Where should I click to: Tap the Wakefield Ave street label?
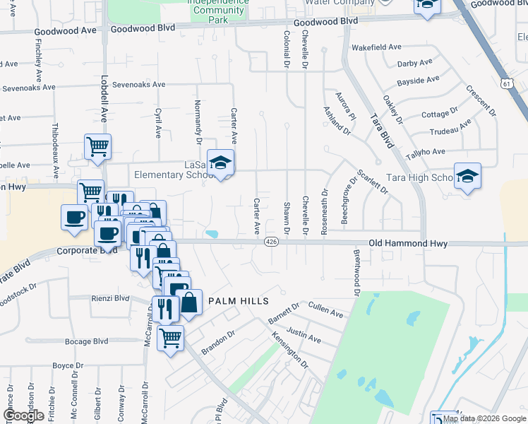376,47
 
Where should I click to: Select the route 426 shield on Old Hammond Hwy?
270,242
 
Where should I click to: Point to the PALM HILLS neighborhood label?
238,301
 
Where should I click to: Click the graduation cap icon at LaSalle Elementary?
221,164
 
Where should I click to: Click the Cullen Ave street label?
326,309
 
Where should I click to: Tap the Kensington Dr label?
290,351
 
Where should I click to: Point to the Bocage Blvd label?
86,341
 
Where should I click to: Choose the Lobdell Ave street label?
104,103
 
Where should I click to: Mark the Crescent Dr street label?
481,101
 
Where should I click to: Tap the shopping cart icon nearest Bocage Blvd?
170,339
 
